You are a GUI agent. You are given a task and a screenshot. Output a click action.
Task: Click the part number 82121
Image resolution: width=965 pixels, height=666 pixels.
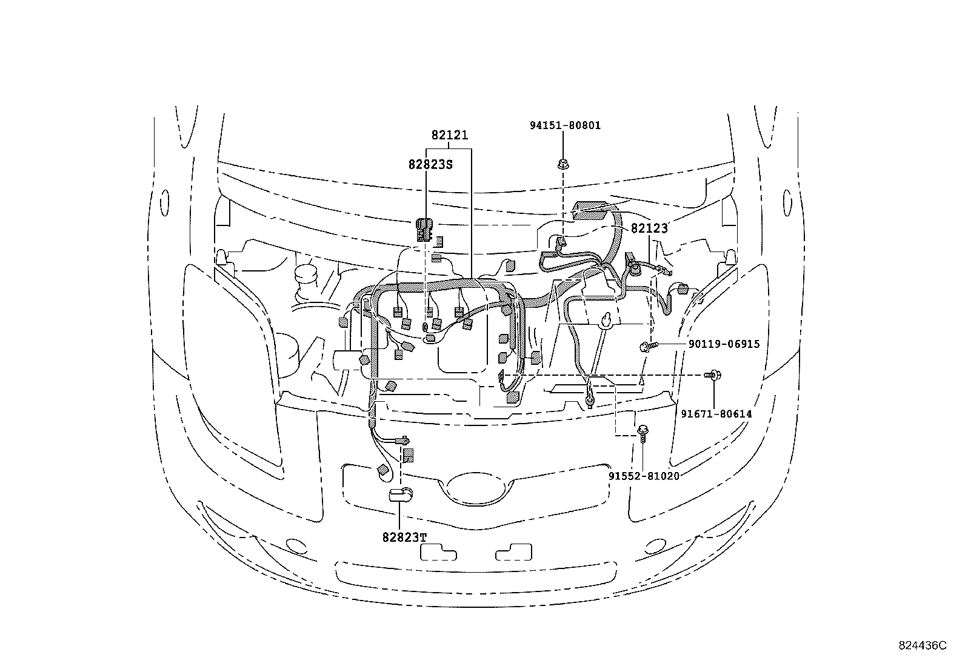click(450, 136)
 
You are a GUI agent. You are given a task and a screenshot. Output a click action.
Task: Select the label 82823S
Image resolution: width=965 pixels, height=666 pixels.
click(431, 164)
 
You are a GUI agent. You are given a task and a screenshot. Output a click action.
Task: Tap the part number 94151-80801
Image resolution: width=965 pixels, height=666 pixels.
click(565, 125)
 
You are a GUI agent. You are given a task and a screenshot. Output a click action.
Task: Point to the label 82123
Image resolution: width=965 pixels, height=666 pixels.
click(649, 228)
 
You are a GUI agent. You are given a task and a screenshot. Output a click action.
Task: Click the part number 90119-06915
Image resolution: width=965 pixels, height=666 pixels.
click(724, 344)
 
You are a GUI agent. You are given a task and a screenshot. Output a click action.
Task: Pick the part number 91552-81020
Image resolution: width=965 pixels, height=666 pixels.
click(644, 476)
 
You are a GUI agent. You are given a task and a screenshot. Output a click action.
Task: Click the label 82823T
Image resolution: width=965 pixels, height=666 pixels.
click(404, 537)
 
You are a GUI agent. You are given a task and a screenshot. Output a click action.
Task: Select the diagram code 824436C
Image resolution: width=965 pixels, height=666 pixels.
click(922, 646)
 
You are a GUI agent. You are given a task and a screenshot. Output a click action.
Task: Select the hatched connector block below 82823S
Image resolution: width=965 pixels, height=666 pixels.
click(424, 228)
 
